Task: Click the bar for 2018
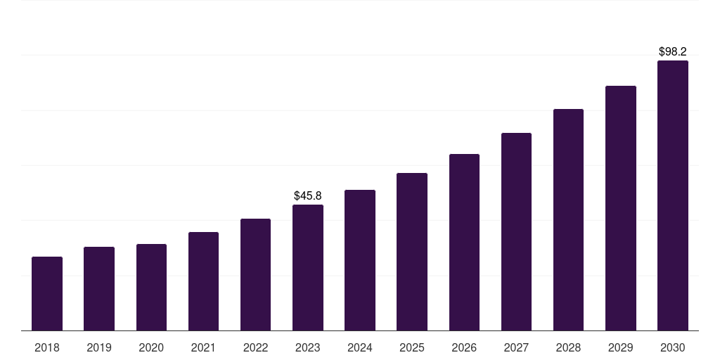(47, 294)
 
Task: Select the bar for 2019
(99, 289)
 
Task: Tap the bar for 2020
(151, 288)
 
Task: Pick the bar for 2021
(203, 281)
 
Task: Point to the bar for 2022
(255, 275)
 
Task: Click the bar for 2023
(308, 268)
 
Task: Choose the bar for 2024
(360, 260)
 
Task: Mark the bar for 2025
(412, 252)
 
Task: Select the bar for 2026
(464, 243)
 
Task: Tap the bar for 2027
(516, 232)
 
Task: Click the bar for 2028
(568, 220)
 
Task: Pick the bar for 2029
(621, 208)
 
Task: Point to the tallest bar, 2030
(673, 195)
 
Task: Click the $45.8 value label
(308, 195)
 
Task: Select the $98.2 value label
(673, 51)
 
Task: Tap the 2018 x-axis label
(47, 347)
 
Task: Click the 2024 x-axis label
(360, 347)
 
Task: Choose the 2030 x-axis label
(673, 347)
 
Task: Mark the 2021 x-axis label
(203, 347)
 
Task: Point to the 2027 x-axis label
(516, 347)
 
